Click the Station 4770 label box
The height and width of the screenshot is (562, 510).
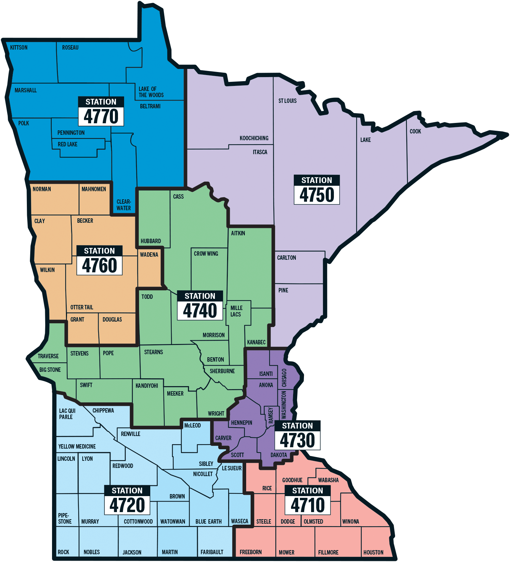click(x=101, y=111)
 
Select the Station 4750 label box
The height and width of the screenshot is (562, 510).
click(x=317, y=190)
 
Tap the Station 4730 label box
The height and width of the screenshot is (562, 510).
click(x=297, y=435)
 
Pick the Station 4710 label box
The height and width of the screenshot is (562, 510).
click(x=308, y=500)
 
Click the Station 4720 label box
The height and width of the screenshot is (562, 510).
click(x=127, y=500)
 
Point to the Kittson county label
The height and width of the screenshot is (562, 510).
click(x=19, y=48)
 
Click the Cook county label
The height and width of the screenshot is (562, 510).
click(x=415, y=131)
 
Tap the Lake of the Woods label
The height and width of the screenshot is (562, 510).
click(x=151, y=92)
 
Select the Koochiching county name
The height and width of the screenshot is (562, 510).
click(x=254, y=138)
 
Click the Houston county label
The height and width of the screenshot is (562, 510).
click(x=373, y=552)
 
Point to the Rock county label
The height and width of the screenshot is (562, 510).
click(x=64, y=552)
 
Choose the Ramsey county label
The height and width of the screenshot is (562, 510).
click(x=271, y=415)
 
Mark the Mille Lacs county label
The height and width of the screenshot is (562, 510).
click(x=236, y=311)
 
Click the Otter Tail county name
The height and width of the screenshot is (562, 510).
click(x=82, y=307)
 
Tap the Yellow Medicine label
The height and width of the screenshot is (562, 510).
click(x=77, y=447)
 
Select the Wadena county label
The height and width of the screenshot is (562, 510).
click(x=149, y=255)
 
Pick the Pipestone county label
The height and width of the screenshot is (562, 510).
click(x=65, y=519)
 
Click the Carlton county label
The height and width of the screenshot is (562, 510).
click(x=286, y=258)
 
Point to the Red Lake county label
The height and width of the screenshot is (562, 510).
click(x=68, y=144)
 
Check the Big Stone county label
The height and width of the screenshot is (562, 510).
click(x=50, y=370)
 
